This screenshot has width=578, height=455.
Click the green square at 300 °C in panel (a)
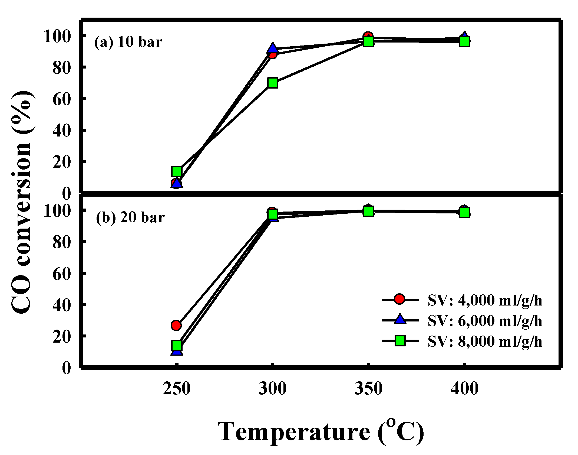point(273,83)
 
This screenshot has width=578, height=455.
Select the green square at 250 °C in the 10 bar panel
point(177,171)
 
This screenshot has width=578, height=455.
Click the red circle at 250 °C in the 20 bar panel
point(176,325)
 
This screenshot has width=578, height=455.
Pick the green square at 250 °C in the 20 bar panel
point(177,346)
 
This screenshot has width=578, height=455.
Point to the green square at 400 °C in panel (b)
point(464,212)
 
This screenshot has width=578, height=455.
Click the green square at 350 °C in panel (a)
point(369,41)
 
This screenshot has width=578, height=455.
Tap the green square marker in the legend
point(400,341)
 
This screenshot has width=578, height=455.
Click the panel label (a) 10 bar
point(128,42)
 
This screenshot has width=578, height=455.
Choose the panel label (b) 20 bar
point(130,217)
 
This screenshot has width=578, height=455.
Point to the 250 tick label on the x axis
point(177,388)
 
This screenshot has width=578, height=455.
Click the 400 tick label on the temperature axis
point(464,388)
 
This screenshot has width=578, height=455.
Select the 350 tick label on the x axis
point(368,388)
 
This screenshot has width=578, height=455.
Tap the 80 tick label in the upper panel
point(62,68)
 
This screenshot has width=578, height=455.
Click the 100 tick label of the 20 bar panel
point(57,211)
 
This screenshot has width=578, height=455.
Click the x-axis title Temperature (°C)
point(321,432)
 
